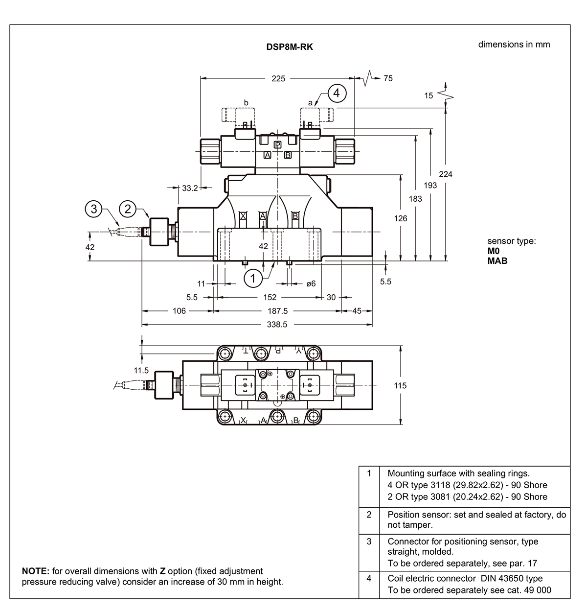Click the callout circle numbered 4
337,93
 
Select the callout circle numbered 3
93,209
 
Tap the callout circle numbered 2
128,209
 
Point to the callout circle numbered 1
253,279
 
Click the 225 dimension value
278,78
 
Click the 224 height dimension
446,174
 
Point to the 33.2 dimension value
190,188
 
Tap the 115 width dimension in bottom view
400,385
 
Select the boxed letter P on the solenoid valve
278,144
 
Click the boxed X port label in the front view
243,215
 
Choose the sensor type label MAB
497,260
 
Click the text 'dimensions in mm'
514,45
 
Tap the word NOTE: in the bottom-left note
36,571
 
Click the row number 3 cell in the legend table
369,541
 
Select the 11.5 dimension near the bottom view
141,371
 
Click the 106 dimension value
180,310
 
